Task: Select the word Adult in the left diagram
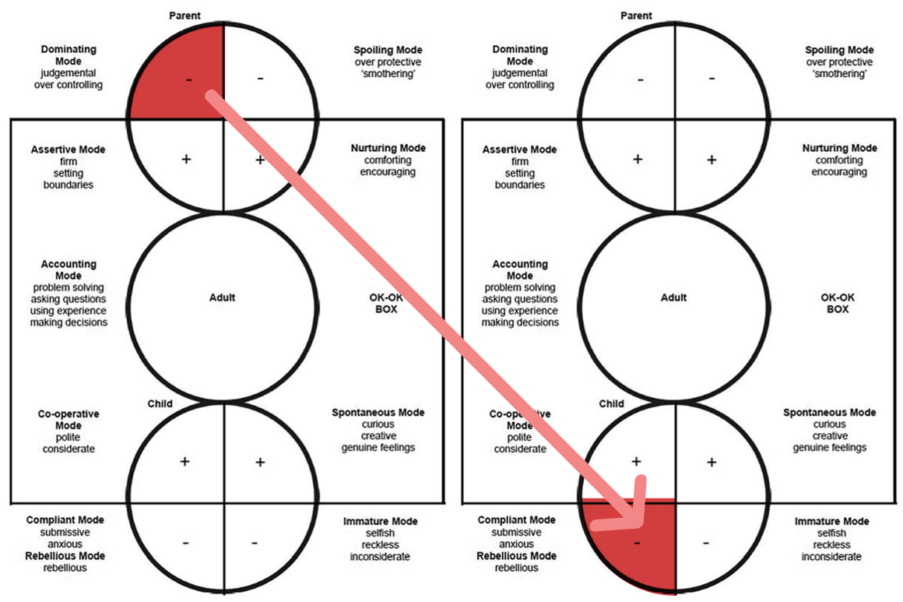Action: (x=223, y=297)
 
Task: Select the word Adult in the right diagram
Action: (x=674, y=297)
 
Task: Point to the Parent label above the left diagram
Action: (x=184, y=16)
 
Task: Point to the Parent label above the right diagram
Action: (x=636, y=16)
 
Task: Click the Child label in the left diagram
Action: (x=160, y=404)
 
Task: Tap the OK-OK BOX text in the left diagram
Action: (x=386, y=304)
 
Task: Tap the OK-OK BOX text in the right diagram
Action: (x=838, y=304)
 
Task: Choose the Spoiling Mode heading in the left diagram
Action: (x=388, y=50)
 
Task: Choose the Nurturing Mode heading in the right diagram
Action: (x=840, y=148)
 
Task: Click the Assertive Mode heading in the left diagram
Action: (x=69, y=150)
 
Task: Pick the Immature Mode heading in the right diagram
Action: (x=832, y=521)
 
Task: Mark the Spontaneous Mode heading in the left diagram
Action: (x=378, y=413)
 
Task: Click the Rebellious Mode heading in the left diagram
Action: (x=65, y=556)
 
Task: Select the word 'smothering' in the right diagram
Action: (x=840, y=74)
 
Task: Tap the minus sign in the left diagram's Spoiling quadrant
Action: (x=260, y=79)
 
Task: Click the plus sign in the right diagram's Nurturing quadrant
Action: (x=712, y=160)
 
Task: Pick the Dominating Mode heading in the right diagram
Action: (x=520, y=55)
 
